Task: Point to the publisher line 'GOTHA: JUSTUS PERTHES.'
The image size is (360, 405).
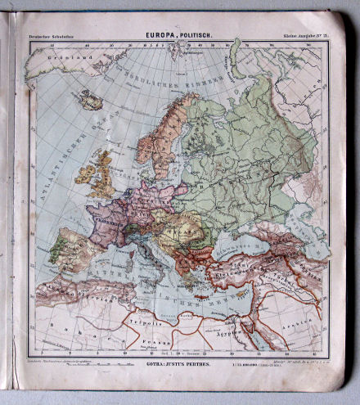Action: coord(176,360)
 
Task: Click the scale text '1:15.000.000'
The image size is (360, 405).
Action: coord(250,361)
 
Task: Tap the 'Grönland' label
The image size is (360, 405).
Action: coord(46,59)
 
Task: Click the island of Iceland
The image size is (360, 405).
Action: coord(91,101)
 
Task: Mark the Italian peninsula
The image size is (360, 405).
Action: coord(151,255)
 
